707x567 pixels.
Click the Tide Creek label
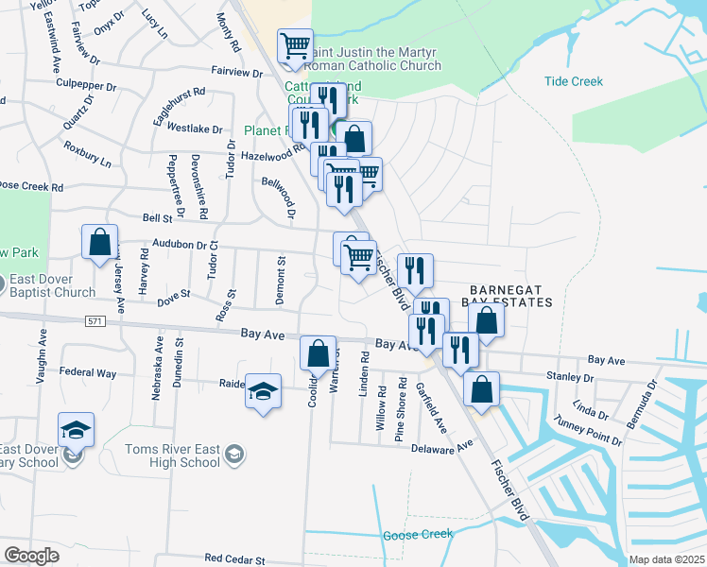(573, 81)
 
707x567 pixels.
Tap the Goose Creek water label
(419, 535)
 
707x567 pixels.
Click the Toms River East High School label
(186, 455)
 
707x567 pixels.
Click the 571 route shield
(89, 320)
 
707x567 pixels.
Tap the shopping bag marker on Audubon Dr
(99, 243)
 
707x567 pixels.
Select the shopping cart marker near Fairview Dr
(296, 45)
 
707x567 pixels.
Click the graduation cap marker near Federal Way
(263, 390)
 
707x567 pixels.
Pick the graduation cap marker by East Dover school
(76, 430)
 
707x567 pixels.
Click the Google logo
(32, 556)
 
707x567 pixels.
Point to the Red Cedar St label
(234, 560)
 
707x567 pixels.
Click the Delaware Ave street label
(443, 446)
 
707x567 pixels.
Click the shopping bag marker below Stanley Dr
(481, 388)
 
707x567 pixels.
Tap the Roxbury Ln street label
(87, 155)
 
